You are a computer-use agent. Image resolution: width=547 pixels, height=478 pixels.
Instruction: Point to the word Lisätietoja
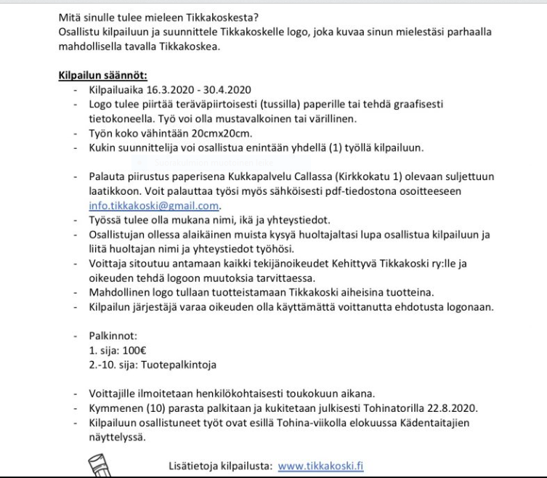tap(191, 466)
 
